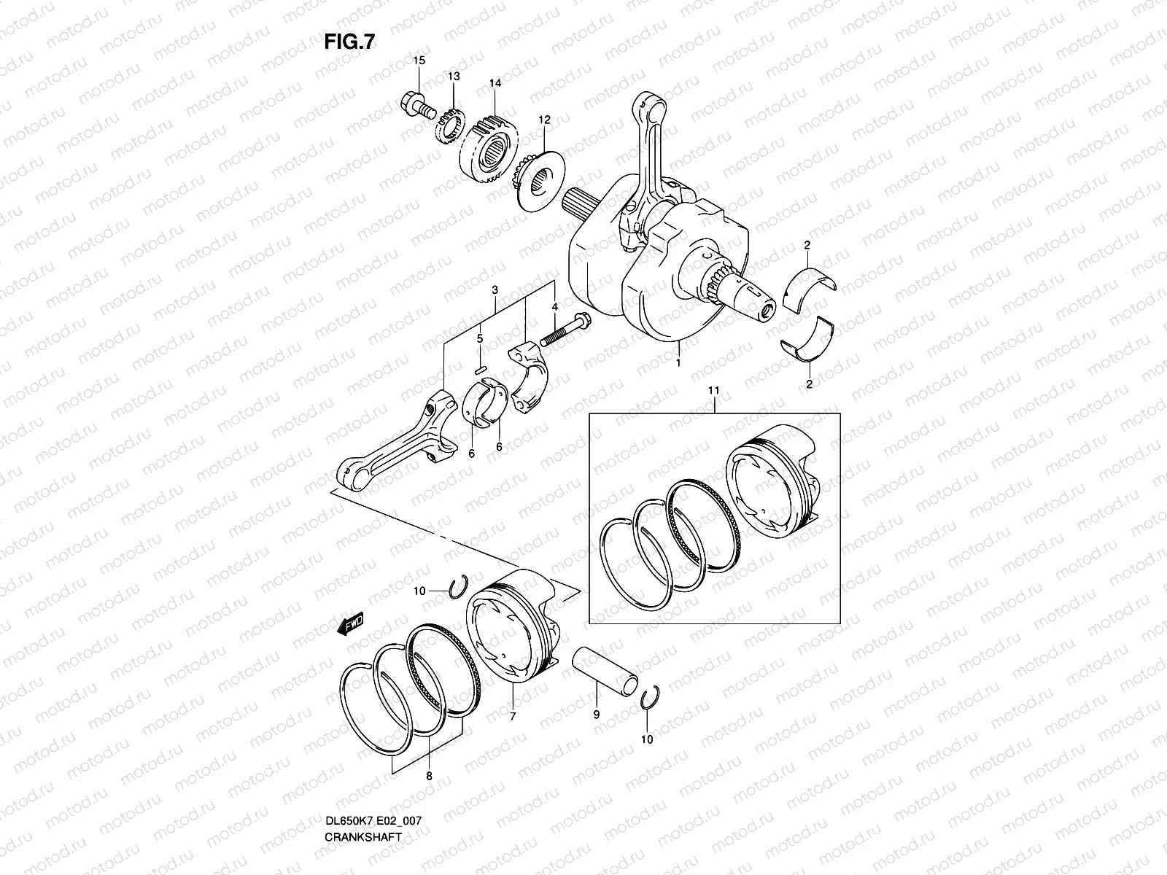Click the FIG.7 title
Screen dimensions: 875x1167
click(349, 43)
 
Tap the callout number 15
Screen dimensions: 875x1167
click(419, 60)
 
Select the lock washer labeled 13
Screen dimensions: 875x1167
click(451, 124)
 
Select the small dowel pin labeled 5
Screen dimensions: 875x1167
click(480, 368)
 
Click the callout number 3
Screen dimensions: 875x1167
click(495, 290)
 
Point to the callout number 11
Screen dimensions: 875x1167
click(713, 392)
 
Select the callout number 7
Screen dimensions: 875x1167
click(512, 717)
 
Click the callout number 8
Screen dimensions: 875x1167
click(429, 777)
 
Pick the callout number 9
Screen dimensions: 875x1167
click(596, 715)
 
